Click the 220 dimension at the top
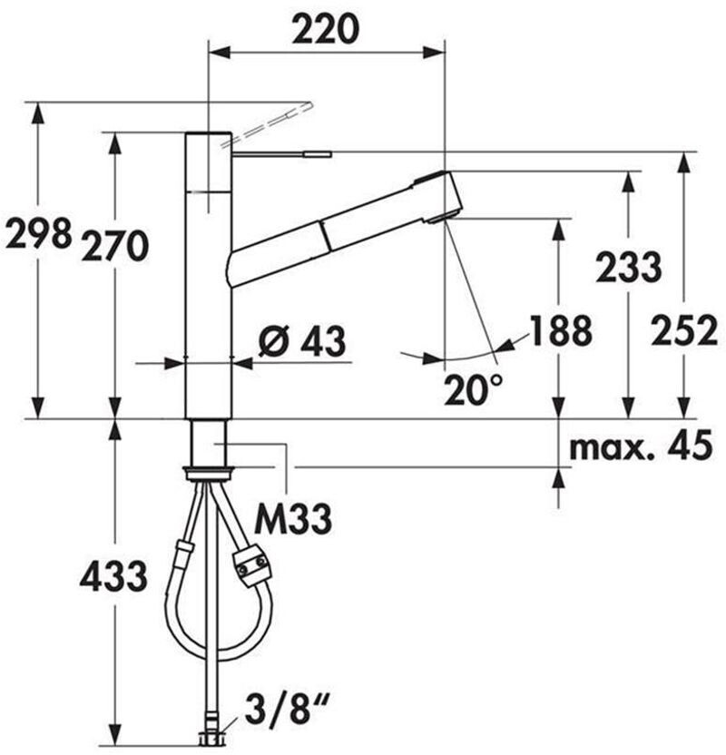(326, 28)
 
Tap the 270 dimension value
(113, 246)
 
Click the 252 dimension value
(683, 330)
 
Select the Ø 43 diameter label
(302, 341)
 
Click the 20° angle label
(473, 389)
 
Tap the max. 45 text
(641, 446)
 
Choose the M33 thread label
(293, 519)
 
